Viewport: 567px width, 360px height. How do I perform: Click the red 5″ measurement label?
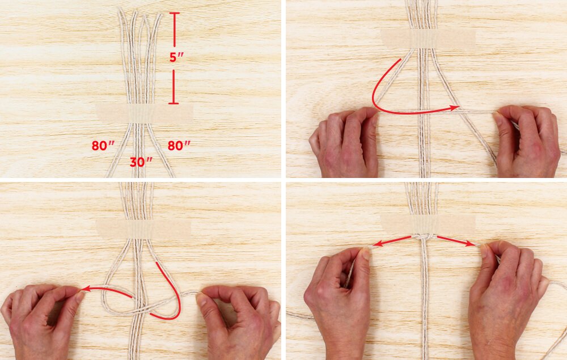177,57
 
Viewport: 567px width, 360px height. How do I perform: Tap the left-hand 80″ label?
103,146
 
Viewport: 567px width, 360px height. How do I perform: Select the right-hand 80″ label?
179,146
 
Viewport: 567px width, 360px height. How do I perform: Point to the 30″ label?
141,162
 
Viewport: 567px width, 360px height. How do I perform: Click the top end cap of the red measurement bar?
174,14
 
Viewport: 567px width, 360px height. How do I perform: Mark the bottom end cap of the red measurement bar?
174,103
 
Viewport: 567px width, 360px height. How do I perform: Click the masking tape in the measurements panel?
145,113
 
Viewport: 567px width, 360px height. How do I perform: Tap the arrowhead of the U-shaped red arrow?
455,108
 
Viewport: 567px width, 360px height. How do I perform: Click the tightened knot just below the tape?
424,237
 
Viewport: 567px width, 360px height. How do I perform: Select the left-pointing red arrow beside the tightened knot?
392,241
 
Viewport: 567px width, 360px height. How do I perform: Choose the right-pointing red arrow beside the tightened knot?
456,241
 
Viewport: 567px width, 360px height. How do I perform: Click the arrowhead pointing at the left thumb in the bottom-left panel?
87,289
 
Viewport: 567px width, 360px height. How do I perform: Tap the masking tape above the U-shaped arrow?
429,39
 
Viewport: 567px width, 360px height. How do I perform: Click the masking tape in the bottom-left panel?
143,229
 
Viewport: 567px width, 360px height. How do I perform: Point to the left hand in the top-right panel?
344,143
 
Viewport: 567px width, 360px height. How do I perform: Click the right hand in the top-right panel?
526,141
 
